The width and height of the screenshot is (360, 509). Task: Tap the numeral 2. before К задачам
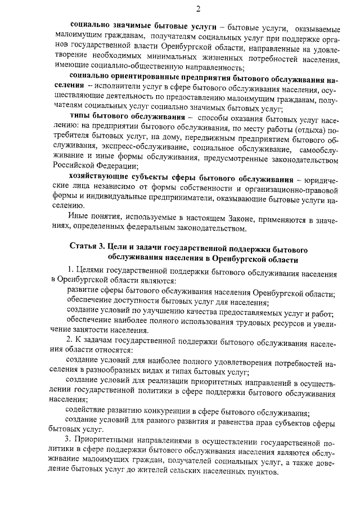tap(69, 340)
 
